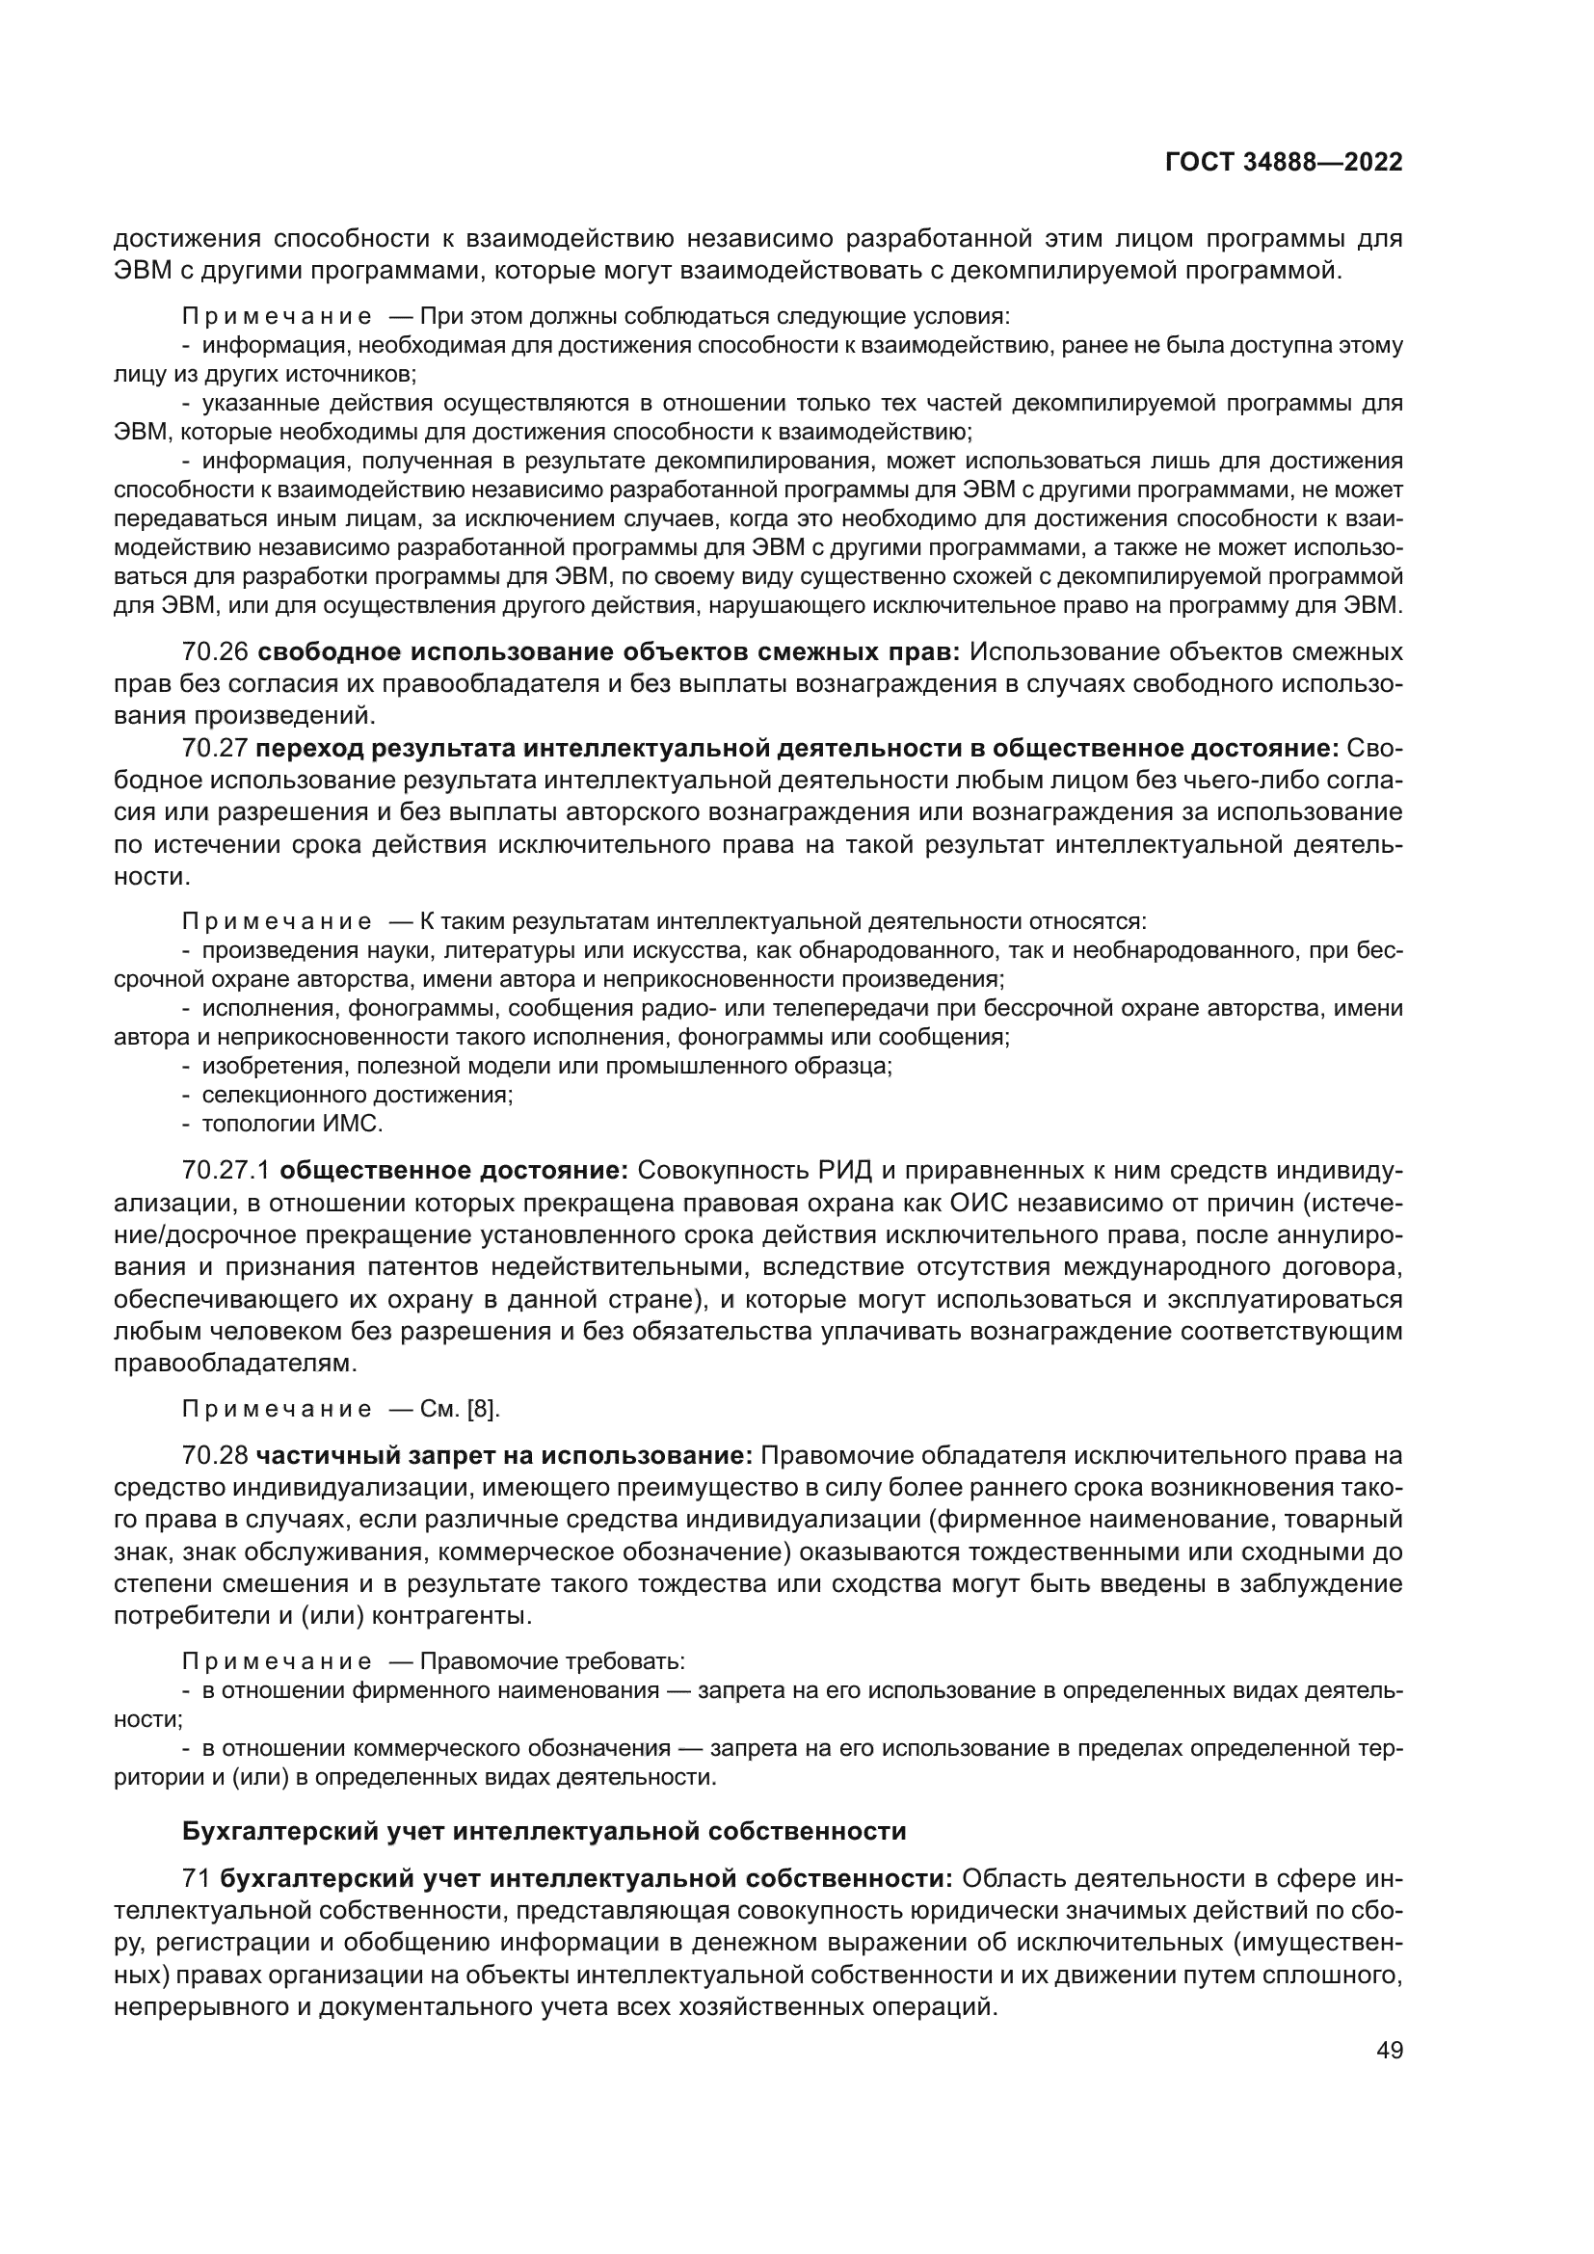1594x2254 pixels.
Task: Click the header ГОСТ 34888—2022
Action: pos(1283,163)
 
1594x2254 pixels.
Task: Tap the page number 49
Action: pos(1389,2051)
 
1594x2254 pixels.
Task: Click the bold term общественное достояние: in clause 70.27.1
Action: pos(455,1170)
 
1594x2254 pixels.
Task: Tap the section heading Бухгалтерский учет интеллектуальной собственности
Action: pos(544,1831)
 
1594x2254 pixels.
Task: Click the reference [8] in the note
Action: pos(483,1409)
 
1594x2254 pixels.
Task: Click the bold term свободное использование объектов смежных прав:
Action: pos(609,651)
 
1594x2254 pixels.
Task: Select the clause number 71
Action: pos(197,1879)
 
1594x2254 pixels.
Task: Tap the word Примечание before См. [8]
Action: pos(277,1410)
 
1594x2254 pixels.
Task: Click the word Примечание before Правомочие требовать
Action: pos(277,1661)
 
